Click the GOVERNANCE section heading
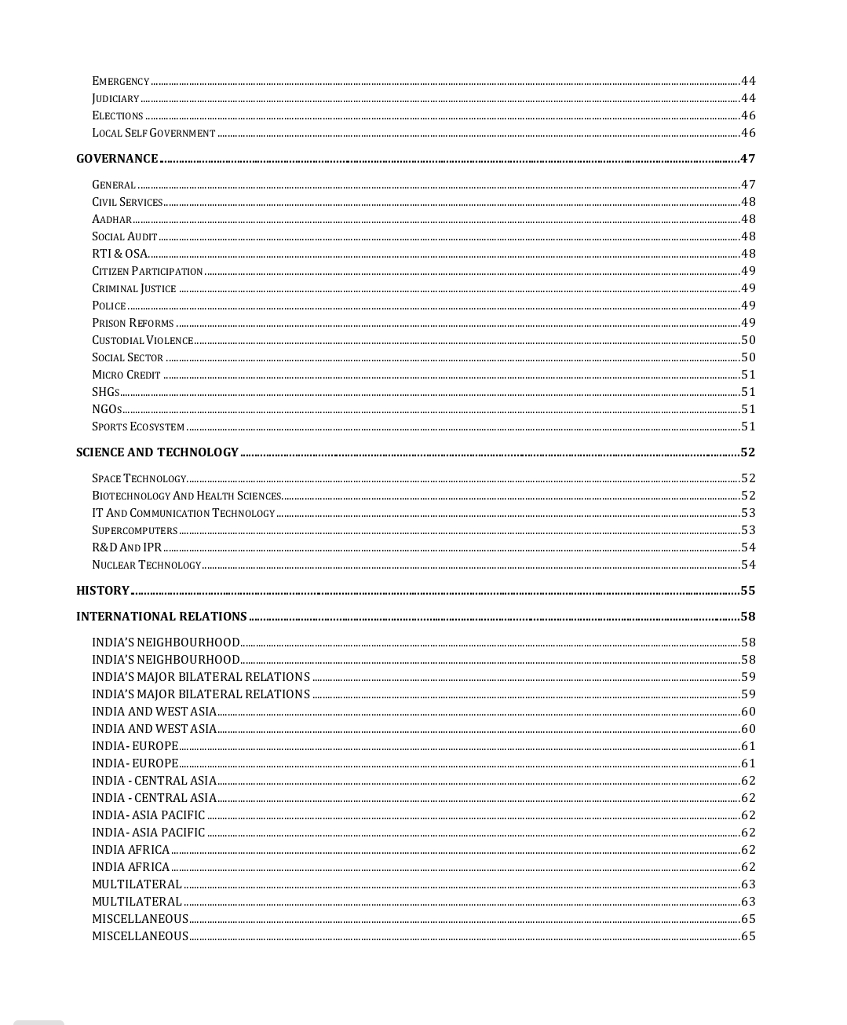[x=117, y=159]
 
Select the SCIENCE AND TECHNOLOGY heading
[x=157, y=452]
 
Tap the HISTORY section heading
[x=103, y=591]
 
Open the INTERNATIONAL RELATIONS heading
[x=162, y=617]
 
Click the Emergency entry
[x=120, y=81]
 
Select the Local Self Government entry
[x=153, y=133]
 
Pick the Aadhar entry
[x=111, y=219]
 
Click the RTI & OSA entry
[x=119, y=254]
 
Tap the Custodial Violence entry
[x=142, y=340]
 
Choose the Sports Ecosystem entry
[x=138, y=426]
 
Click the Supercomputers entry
[x=134, y=530]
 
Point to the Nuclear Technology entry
[x=146, y=565]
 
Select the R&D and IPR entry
[x=126, y=547]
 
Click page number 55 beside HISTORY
[x=747, y=591]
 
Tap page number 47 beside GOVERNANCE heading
[x=747, y=159]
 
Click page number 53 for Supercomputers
[x=748, y=530]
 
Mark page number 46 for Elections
[x=748, y=115]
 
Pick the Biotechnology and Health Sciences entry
[x=186, y=496]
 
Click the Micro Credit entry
[x=126, y=375]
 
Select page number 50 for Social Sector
[x=748, y=357]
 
